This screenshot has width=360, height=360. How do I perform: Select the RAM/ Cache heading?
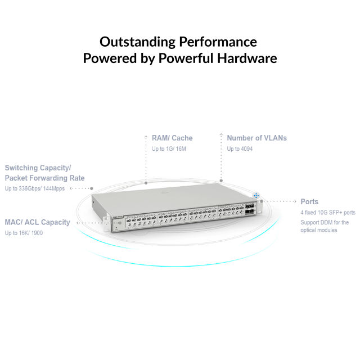coord(172,138)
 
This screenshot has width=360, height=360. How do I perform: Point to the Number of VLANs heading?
coord(256,138)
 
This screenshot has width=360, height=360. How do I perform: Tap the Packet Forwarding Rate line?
coord(44,178)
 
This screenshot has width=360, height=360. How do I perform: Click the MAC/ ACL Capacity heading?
coord(37,222)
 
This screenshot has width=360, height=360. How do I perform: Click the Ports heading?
coord(309,201)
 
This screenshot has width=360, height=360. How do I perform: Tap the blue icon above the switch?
coord(256,195)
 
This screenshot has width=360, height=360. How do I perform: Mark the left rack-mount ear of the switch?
coord(106,224)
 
